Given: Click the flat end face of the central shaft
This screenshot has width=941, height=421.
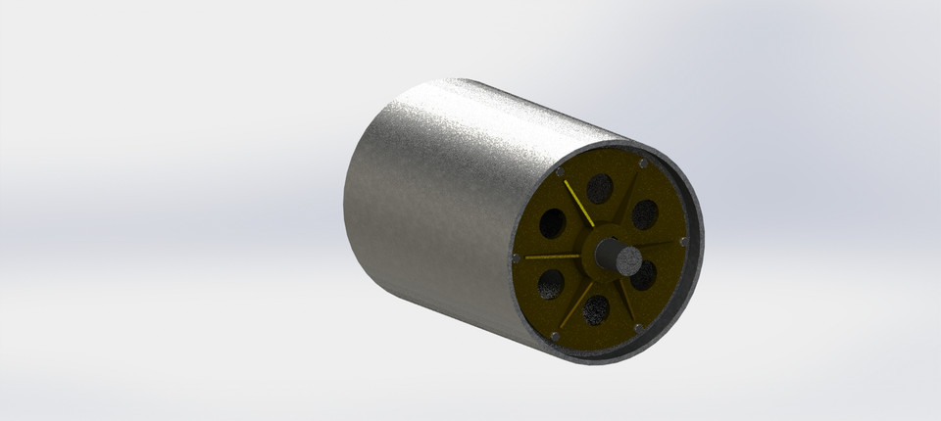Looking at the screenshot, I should [626, 259].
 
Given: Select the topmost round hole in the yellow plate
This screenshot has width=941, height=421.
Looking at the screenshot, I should [599, 188].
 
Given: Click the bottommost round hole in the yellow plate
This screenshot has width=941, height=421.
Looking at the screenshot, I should [595, 309].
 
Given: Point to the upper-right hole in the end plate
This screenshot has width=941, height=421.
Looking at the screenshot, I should [644, 213].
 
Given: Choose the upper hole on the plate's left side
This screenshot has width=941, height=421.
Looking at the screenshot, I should [552, 223].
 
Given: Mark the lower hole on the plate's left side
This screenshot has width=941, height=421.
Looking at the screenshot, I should [550, 284].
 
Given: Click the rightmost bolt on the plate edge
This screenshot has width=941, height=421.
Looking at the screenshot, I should [682, 243].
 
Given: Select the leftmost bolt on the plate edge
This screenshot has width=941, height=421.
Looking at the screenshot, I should [516, 258].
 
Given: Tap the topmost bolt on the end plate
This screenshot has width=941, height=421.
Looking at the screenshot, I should [641, 163].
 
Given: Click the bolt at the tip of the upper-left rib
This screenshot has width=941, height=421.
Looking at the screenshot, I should [560, 172].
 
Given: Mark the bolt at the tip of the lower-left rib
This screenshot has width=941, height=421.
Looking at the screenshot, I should [555, 336].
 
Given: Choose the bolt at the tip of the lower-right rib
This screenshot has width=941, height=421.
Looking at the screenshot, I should [638, 327].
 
